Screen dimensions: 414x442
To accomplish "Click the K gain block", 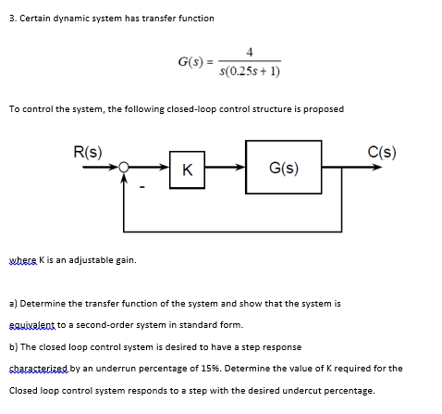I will (188, 169).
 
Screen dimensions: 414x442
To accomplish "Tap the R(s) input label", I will (88, 152).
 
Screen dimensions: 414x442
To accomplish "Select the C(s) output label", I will (381, 152).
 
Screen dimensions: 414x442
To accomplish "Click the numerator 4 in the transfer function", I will (251, 52).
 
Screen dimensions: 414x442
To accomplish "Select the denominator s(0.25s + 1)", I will (251, 70).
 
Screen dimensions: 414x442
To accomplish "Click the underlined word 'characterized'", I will (36, 369).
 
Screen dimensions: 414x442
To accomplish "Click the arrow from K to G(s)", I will (223, 169).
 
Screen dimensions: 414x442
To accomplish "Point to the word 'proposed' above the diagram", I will (324, 108).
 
